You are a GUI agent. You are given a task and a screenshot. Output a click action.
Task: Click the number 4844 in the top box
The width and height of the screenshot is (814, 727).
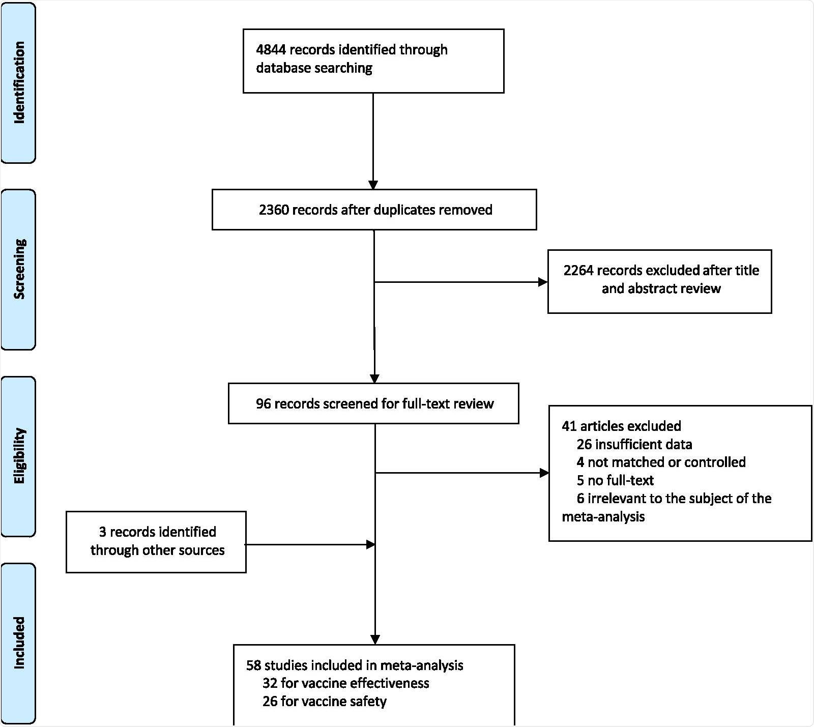tap(271, 50)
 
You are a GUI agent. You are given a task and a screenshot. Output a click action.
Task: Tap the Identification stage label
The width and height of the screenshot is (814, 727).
tap(19, 82)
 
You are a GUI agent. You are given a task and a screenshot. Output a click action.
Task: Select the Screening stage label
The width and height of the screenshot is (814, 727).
tap(19, 269)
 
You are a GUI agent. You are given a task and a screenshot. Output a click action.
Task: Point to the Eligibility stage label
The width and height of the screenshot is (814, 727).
tap(19, 456)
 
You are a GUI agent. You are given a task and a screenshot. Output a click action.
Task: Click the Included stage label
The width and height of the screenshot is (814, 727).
tap(19, 643)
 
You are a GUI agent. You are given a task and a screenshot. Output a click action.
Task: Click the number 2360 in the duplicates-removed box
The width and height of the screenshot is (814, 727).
tap(274, 210)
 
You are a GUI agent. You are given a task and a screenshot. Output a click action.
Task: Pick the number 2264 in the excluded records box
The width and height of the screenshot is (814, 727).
tap(578, 271)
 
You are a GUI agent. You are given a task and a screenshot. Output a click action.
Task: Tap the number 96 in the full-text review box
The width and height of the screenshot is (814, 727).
tap(263, 404)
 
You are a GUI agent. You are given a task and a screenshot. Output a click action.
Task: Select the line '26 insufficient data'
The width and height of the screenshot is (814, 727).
tap(634, 445)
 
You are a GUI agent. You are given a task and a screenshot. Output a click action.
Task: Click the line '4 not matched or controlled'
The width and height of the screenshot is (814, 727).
tap(661, 462)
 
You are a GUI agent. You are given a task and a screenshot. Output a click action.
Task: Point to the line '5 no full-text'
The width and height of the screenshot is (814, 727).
tap(615, 480)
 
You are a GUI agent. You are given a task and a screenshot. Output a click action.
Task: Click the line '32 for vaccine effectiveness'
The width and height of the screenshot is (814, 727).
tap(345, 683)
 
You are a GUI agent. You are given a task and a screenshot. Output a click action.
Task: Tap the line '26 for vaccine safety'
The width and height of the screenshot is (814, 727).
tap(324, 702)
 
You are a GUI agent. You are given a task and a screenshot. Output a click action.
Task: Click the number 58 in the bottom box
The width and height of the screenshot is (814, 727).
tap(253, 665)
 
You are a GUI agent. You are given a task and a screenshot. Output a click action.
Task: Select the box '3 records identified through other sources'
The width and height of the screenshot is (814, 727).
tap(156, 542)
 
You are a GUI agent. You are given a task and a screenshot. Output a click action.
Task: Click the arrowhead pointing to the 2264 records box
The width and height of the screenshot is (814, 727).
tap(543, 282)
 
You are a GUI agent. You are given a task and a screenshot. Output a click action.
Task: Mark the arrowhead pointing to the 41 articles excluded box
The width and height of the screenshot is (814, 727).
tap(544, 473)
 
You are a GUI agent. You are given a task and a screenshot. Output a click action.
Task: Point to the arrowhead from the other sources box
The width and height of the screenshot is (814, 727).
tap(371, 545)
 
